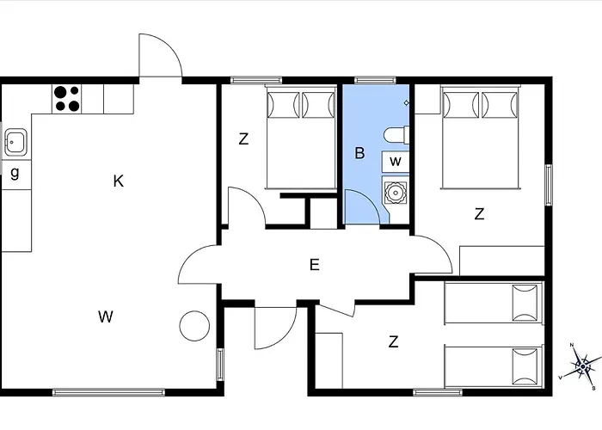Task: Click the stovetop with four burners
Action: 66,99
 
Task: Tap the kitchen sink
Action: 15,142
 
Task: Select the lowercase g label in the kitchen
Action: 15,173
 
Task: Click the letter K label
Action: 119,181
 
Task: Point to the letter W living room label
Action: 106,316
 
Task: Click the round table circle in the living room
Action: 194,326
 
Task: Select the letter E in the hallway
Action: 315,265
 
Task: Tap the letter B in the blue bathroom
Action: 359,153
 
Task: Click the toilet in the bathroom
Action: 396,135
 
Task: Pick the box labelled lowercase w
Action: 396,162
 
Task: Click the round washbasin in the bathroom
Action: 395,191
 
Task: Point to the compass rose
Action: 583,366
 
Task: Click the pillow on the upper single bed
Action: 525,303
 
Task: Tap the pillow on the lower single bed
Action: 525,366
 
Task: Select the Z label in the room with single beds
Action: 394,341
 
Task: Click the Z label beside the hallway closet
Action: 243,138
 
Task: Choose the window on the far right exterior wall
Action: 549,185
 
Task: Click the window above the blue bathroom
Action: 375,80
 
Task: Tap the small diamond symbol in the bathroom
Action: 406,102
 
